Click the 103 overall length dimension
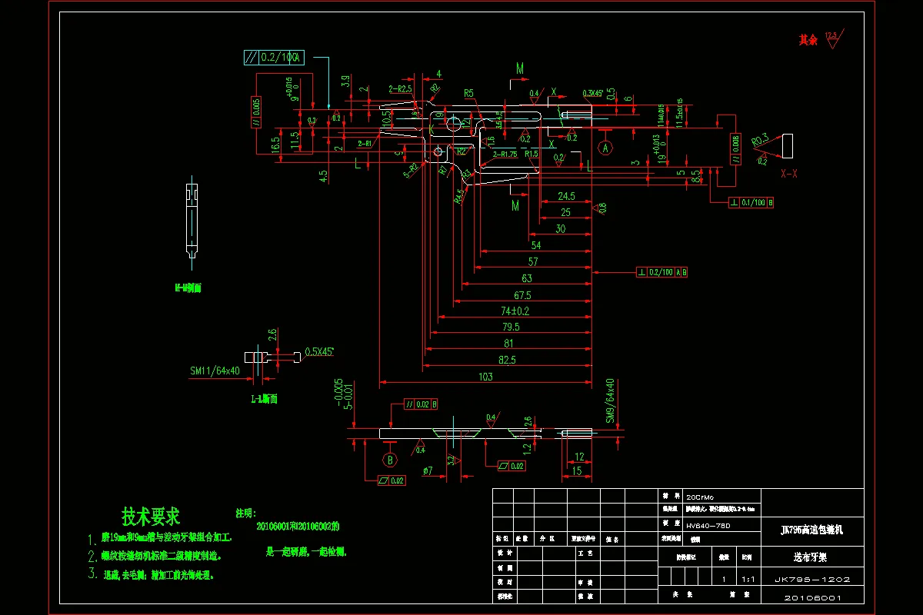(485, 377)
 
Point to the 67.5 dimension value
(522, 295)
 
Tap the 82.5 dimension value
(507, 359)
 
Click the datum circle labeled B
(390, 460)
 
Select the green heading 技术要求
(151, 516)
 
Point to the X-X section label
(789, 175)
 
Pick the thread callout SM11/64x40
(215, 371)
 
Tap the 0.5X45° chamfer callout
(319, 351)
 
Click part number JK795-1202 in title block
(811, 580)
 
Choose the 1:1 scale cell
(747, 580)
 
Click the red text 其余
(808, 40)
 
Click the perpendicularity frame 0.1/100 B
(751, 203)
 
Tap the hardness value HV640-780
(708, 525)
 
